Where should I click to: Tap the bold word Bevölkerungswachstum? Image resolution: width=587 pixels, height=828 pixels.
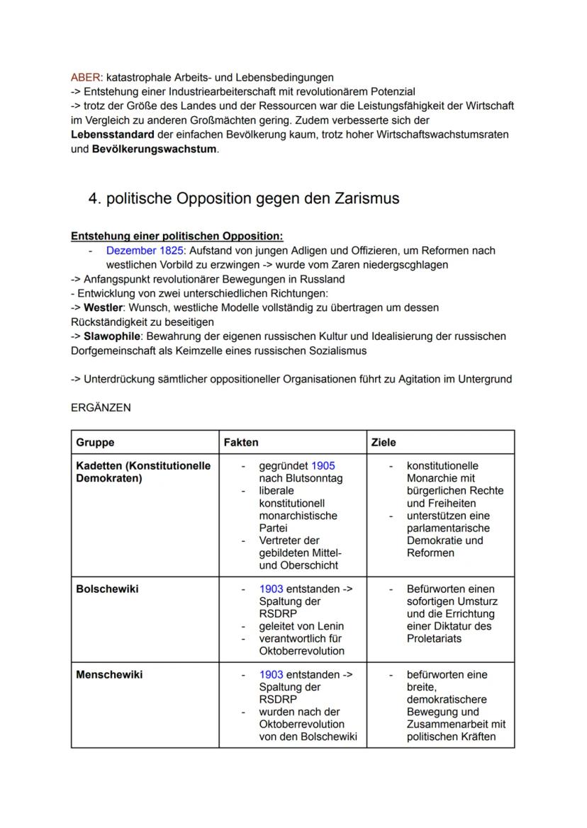click(154, 149)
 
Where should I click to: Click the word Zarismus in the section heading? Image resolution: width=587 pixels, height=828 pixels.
click(367, 198)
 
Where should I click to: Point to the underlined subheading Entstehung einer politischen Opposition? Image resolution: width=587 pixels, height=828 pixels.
click(177, 236)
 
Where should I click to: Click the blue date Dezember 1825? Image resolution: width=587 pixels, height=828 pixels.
click(145, 251)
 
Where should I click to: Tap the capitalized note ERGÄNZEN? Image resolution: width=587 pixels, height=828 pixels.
click(101, 408)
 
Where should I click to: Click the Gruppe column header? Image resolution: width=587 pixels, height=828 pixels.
click(95, 442)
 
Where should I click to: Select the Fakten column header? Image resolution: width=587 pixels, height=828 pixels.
click(241, 442)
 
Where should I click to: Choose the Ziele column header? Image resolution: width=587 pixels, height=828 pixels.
click(384, 442)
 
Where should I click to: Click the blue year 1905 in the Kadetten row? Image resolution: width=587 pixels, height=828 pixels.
click(323, 466)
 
